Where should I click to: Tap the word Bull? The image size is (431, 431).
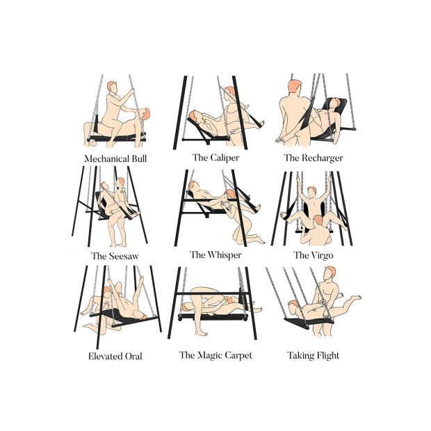tap(138, 158)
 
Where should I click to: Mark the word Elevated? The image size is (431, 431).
tap(106, 357)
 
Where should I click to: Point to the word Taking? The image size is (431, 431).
tap(301, 356)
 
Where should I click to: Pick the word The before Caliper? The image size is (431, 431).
tap(200, 157)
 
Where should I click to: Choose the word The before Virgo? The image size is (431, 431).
tap(301, 255)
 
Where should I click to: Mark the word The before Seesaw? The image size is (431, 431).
tap(99, 256)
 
